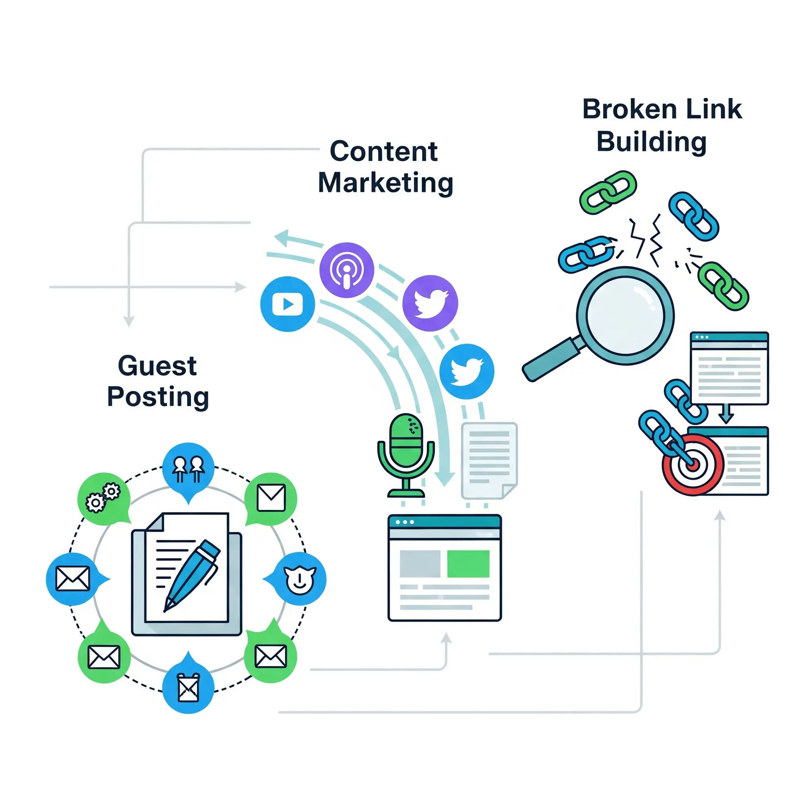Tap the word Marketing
click(385, 183)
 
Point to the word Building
click(651, 142)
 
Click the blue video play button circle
click(287, 303)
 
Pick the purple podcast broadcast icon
click(347, 270)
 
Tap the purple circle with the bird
click(430, 303)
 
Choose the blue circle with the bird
click(467, 371)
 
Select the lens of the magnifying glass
click(625, 316)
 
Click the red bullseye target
click(692, 464)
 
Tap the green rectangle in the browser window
click(468, 564)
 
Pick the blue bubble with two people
click(188, 469)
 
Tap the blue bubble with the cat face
click(299, 579)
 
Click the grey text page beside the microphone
click(489, 460)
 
